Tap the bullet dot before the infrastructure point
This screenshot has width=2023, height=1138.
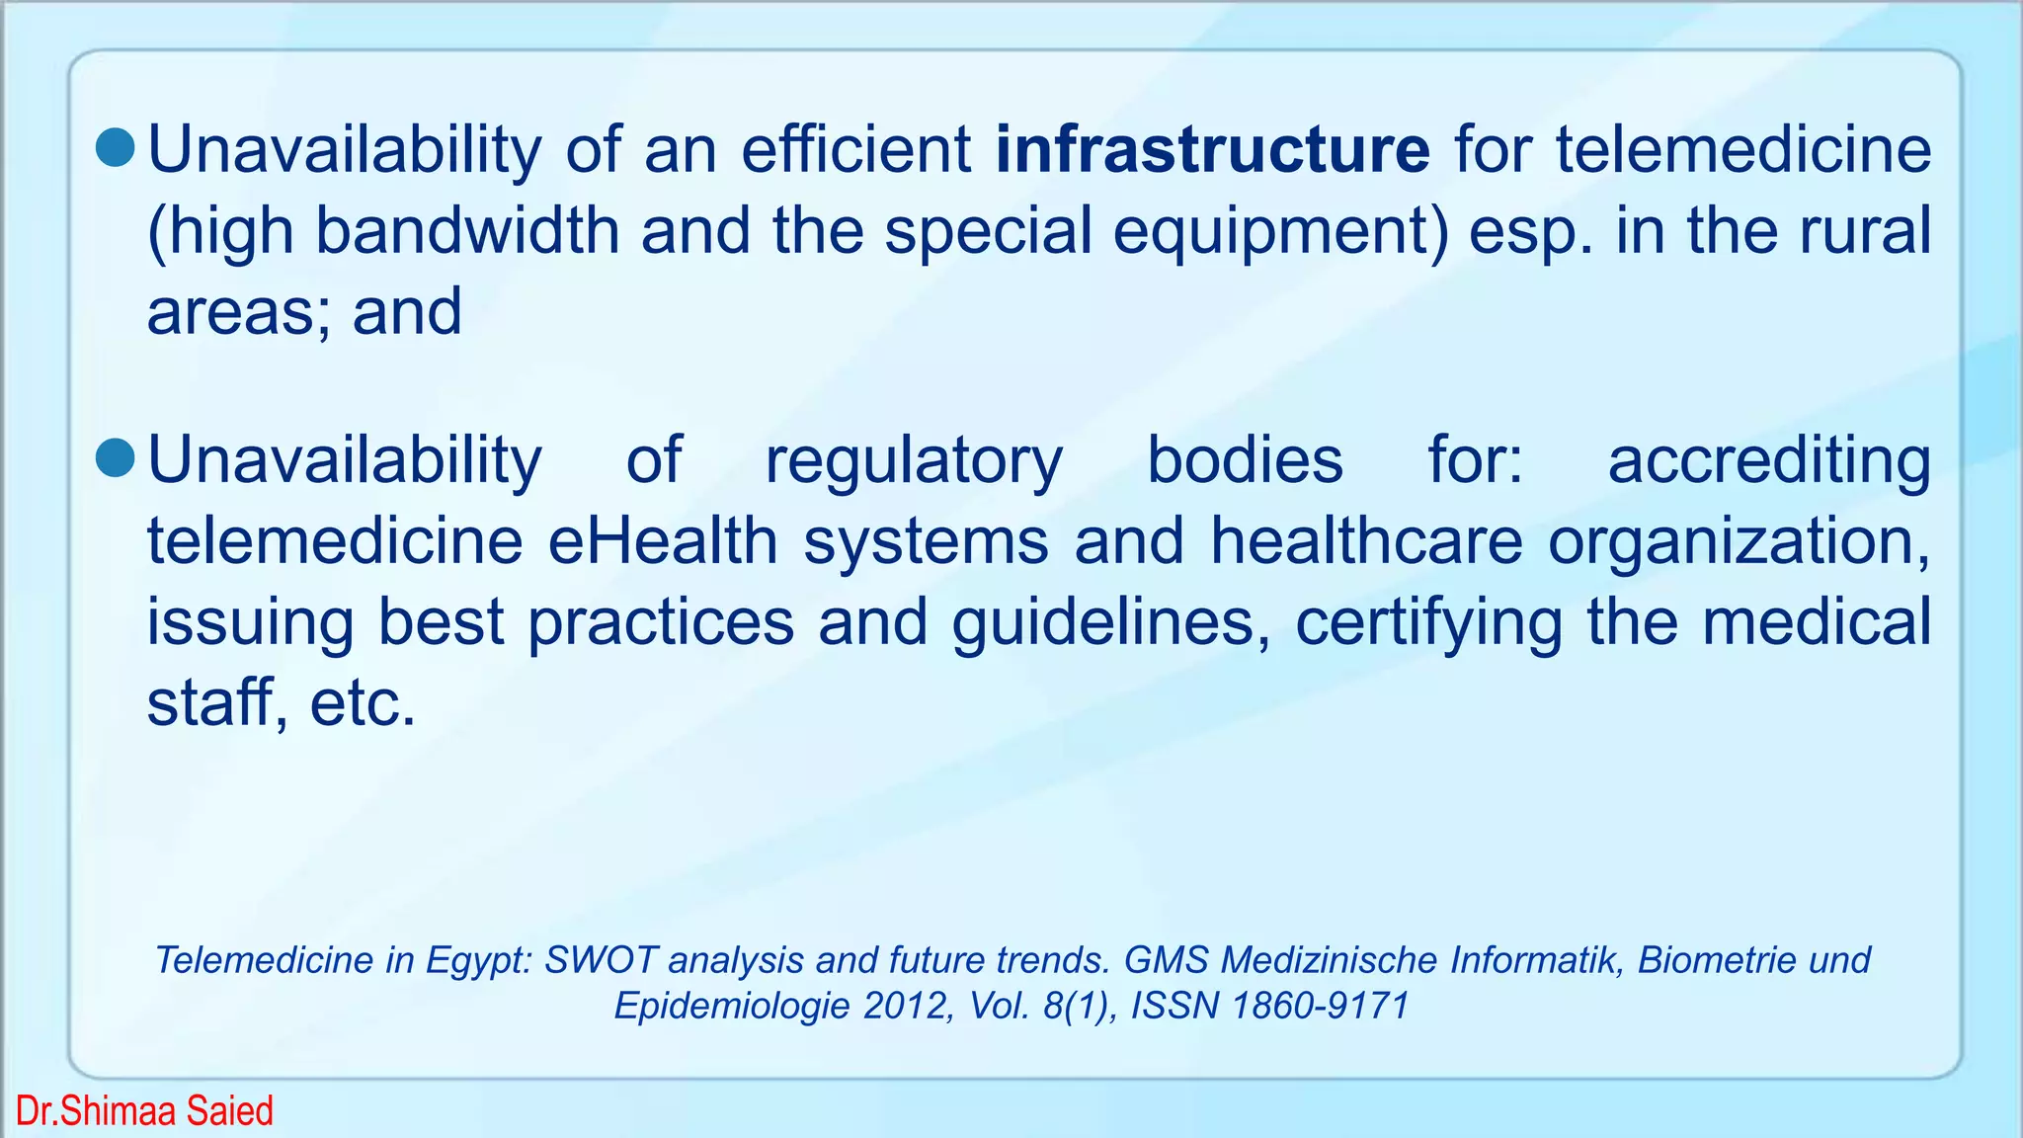pyautogui.click(x=116, y=147)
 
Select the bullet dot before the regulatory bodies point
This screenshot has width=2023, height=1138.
pyautogui.click(x=116, y=457)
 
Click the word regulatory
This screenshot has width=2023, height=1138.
pyautogui.click(x=914, y=461)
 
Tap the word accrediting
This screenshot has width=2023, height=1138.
pyautogui.click(x=1769, y=461)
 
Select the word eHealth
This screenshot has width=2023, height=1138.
pyautogui.click(x=663, y=541)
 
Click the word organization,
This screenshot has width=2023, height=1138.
pyautogui.click(x=1739, y=543)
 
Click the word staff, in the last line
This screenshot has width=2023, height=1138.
pyautogui.click(x=216, y=702)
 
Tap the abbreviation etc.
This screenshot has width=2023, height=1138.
pyautogui.click(x=363, y=704)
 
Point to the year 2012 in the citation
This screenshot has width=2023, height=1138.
pyautogui.click(x=904, y=1006)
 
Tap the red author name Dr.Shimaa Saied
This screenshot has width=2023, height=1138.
pyautogui.click(x=144, y=1111)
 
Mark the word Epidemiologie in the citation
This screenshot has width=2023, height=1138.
pyautogui.click(x=732, y=1007)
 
